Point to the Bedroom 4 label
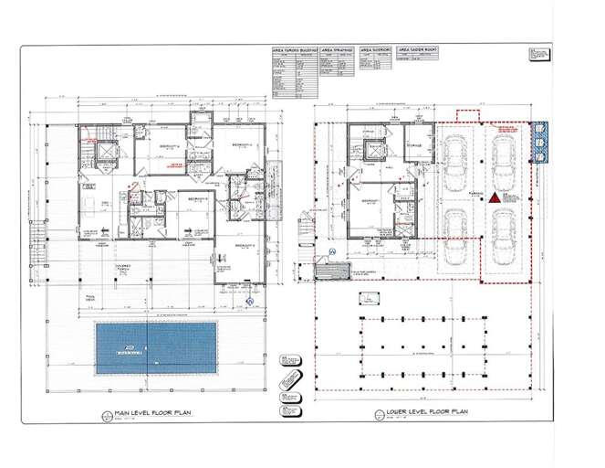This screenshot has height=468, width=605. click(x=170, y=146)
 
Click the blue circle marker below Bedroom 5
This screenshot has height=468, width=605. click(x=249, y=298)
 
